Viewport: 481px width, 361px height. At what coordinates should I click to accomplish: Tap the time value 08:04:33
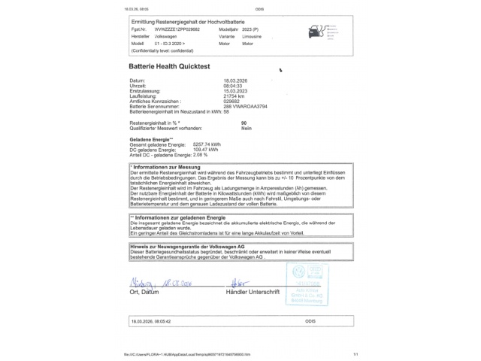(234, 84)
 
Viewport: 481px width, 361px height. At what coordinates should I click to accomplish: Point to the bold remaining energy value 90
(244, 122)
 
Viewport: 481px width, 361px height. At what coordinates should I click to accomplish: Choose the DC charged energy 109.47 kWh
(206, 149)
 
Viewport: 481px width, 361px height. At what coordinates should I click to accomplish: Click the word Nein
(246, 126)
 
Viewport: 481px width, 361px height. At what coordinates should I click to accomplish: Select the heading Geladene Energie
(151, 138)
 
